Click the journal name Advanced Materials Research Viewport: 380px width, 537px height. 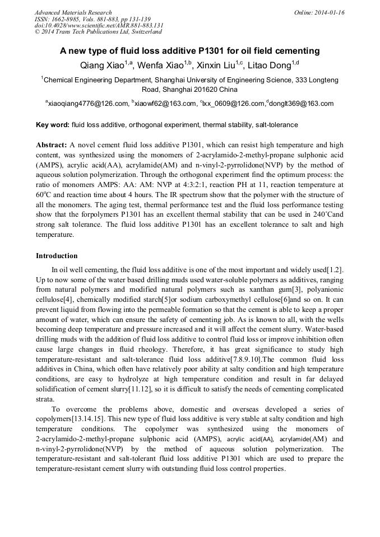click(x=73, y=12)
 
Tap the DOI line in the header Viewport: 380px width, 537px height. click(x=99, y=26)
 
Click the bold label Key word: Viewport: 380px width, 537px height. click(x=53, y=125)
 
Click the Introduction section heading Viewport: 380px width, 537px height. click(x=57, y=256)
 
